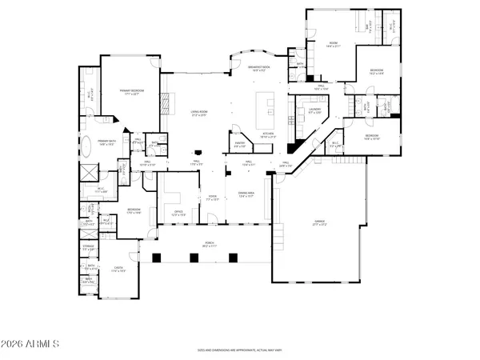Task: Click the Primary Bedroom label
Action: click(130, 93)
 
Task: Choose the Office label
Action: click(179, 213)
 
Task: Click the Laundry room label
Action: click(314, 111)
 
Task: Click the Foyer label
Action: click(213, 198)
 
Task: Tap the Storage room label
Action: click(90, 249)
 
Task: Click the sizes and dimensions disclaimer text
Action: click(240, 350)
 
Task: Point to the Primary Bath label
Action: click(108, 142)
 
